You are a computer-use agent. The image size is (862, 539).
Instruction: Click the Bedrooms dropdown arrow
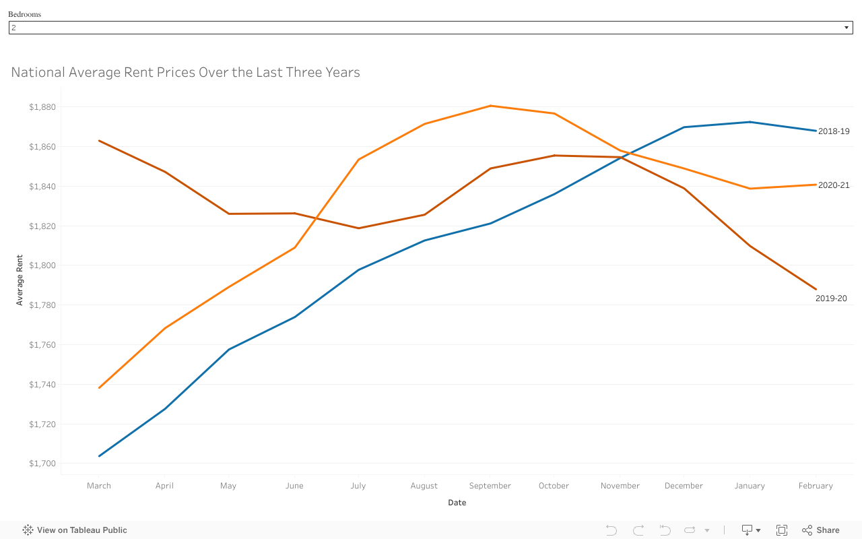pyautogui.click(x=847, y=28)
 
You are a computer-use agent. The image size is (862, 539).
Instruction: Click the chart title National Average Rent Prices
pyautogui.click(x=185, y=72)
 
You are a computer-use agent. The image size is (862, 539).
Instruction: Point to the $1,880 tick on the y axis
pyautogui.click(x=42, y=107)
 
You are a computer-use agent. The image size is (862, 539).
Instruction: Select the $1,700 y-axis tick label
pyautogui.click(x=42, y=464)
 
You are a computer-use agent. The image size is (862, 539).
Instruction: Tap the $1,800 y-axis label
pyautogui.click(x=42, y=265)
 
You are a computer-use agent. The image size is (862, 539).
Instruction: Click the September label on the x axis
pyautogui.click(x=490, y=486)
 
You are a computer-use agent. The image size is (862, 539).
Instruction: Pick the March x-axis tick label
pyautogui.click(x=99, y=486)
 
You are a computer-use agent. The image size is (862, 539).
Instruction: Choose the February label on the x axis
pyautogui.click(x=816, y=486)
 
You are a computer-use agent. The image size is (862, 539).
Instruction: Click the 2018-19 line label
pyautogui.click(x=834, y=131)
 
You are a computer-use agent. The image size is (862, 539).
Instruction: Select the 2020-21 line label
pyautogui.click(x=834, y=185)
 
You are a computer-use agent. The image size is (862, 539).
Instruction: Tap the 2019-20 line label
pyautogui.click(x=831, y=298)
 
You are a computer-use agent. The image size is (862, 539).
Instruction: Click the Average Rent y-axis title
pyautogui.click(x=20, y=280)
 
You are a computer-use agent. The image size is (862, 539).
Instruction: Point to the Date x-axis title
pyautogui.click(x=457, y=503)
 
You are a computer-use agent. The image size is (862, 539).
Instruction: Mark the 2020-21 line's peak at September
pyautogui.click(x=490, y=106)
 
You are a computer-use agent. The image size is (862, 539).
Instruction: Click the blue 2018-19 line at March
pyautogui.click(x=99, y=456)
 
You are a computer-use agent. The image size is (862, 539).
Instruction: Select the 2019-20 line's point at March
pyautogui.click(x=99, y=141)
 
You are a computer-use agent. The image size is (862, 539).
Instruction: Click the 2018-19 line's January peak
pyautogui.click(x=750, y=122)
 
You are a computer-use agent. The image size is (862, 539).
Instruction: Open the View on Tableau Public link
pyautogui.click(x=75, y=530)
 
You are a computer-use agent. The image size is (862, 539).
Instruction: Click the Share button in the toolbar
pyautogui.click(x=821, y=530)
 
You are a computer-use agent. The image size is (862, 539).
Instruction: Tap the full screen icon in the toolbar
pyautogui.click(x=782, y=530)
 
